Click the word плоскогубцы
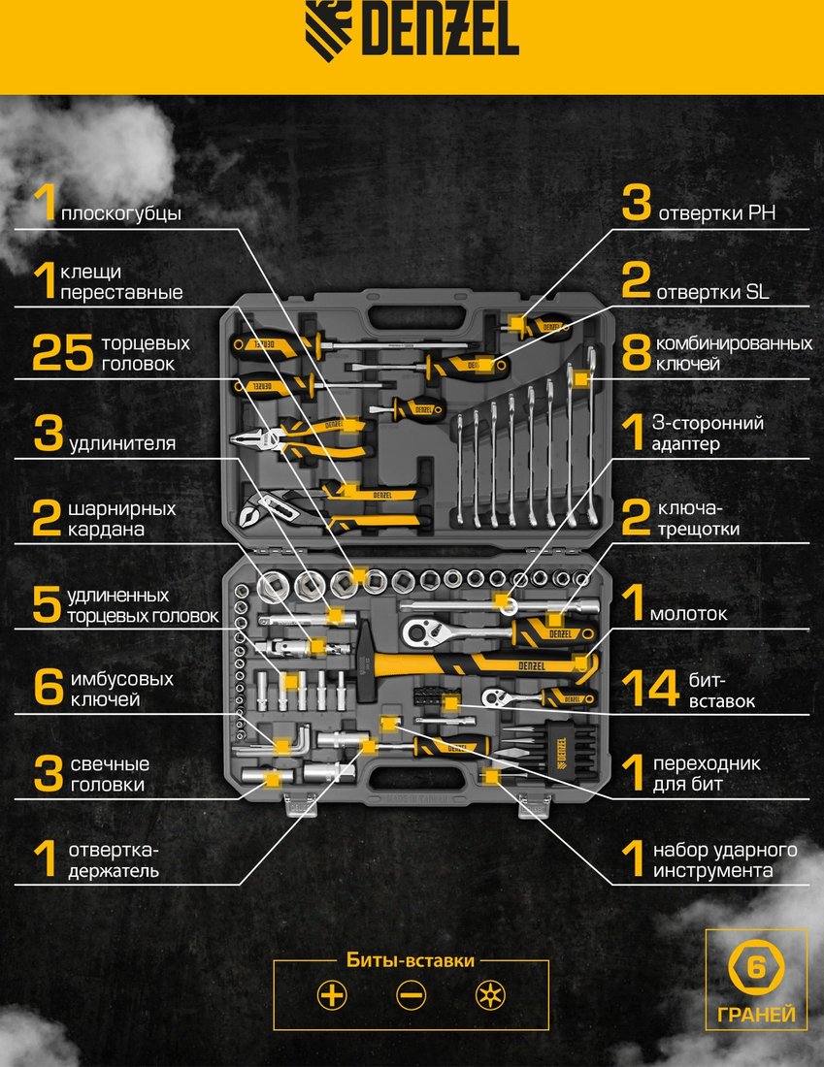tap(121, 213)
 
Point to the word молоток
tap(688, 614)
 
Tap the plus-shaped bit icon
tap(332, 995)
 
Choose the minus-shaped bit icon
tap(411, 995)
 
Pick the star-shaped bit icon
tap(490, 995)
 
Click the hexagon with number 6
tap(756, 967)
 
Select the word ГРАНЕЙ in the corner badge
tap(756, 1015)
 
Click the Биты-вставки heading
tap(411, 960)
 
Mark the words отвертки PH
tap(717, 213)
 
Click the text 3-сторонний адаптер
tap(708, 434)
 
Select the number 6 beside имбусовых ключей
tap(49, 688)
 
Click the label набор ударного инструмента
tap(725, 860)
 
